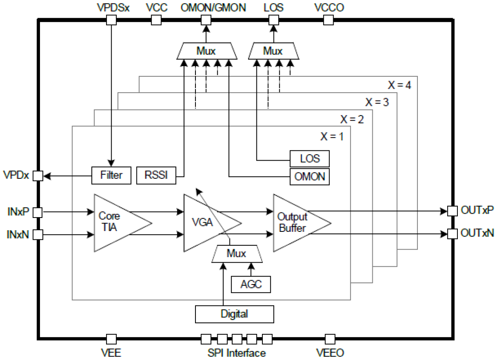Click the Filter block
click(111, 175)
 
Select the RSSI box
click(156, 175)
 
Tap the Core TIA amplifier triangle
click(115, 223)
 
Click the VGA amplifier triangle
click(206, 223)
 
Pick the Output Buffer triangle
click(295, 223)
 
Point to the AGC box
click(251, 284)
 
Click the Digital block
click(235, 314)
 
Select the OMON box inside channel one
click(309, 176)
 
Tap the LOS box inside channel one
click(309, 159)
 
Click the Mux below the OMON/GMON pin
click(206, 51)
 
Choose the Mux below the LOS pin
click(273, 51)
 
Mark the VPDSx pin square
click(112, 19)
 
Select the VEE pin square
click(112, 339)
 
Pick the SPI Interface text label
click(236, 353)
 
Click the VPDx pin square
click(37, 175)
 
